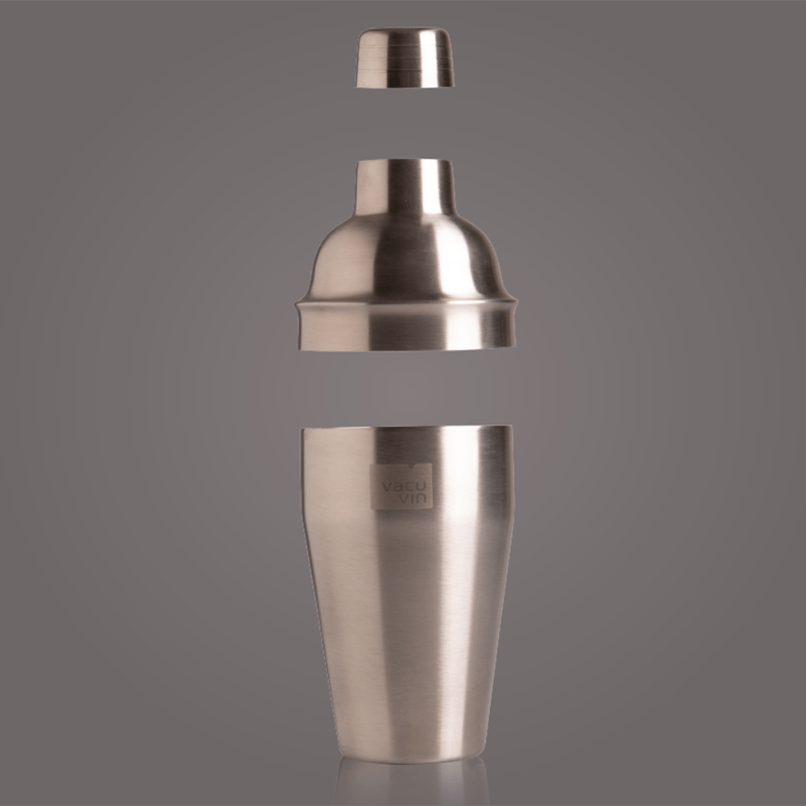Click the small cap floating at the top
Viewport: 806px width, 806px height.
pos(405,57)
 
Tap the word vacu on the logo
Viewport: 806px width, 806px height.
pos(401,487)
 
